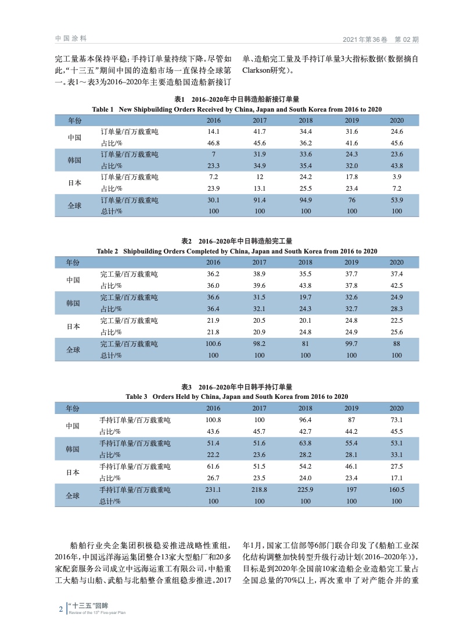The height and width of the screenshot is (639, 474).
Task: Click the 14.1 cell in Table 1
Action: click(x=214, y=132)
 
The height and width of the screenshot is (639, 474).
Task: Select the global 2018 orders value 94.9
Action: click(x=306, y=200)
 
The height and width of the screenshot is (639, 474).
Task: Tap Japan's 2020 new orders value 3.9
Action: click(x=397, y=177)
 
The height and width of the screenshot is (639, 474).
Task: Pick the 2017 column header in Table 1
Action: click(x=260, y=120)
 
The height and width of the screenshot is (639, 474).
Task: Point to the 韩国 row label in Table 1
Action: click(x=74, y=159)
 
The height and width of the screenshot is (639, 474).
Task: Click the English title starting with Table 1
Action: click(x=237, y=109)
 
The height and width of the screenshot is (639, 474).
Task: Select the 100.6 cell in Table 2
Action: click(x=214, y=344)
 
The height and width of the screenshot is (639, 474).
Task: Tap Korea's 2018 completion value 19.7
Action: click(x=306, y=297)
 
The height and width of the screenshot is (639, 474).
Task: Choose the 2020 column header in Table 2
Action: click(x=397, y=262)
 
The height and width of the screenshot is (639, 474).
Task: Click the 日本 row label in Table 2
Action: click(x=74, y=326)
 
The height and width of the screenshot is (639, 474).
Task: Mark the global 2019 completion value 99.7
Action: click(x=351, y=344)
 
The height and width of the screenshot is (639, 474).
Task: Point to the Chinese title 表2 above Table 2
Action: click(x=237, y=241)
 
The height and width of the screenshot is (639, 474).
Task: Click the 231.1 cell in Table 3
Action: click(x=214, y=490)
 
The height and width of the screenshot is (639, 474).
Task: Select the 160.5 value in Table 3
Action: click(x=397, y=490)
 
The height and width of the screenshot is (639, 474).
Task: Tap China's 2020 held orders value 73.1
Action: click(x=397, y=420)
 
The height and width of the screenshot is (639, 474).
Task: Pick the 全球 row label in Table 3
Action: click(x=74, y=495)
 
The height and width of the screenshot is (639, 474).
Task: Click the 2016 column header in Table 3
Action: click(x=214, y=408)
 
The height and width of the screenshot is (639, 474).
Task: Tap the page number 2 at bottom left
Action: click(x=61, y=609)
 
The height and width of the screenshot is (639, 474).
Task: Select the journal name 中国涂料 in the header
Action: click(x=71, y=38)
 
